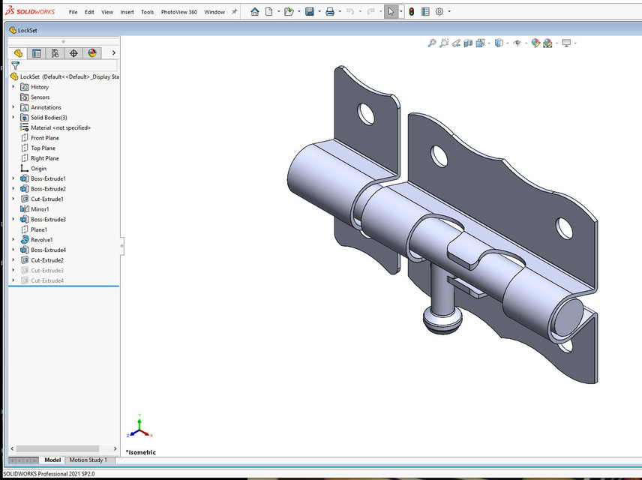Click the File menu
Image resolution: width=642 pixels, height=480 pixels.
pyautogui.click(x=73, y=12)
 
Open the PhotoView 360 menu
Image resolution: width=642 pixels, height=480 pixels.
pyautogui.click(x=179, y=12)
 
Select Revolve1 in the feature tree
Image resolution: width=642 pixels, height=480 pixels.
pyautogui.click(x=41, y=240)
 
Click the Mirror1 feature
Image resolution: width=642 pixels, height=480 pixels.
pyautogui.click(x=40, y=209)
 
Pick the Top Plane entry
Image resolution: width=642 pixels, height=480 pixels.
pyautogui.click(x=43, y=148)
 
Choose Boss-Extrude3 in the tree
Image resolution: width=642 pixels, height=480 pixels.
pyautogui.click(x=48, y=220)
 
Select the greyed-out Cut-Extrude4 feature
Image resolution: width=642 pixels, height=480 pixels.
pyautogui.click(x=46, y=280)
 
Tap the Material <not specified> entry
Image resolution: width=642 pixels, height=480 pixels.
pyautogui.click(x=60, y=128)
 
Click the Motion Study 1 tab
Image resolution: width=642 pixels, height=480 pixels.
pyautogui.click(x=88, y=460)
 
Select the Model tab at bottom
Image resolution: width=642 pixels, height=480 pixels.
pyautogui.click(x=52, y=460)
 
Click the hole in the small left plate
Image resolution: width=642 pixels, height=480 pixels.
pyautogui.click(x=366, y=113)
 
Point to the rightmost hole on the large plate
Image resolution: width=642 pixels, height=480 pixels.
pyautogui.click(x=564, y=226)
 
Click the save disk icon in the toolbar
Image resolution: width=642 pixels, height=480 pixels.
pyautogui.click(x=309, y=12)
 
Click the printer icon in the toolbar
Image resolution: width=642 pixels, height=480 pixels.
pyautogui.click(x=329, y=12)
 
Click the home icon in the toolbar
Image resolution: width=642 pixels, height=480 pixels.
pyautogui.click(x=255, y=12)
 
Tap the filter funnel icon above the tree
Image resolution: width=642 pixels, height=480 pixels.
pyautogui.click(x=15, y=66)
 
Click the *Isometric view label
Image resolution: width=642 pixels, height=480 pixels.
pyautogui.click(x=142, y=452)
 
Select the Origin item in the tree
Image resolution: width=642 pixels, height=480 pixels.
pyautogui.click(x=37, y=169)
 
